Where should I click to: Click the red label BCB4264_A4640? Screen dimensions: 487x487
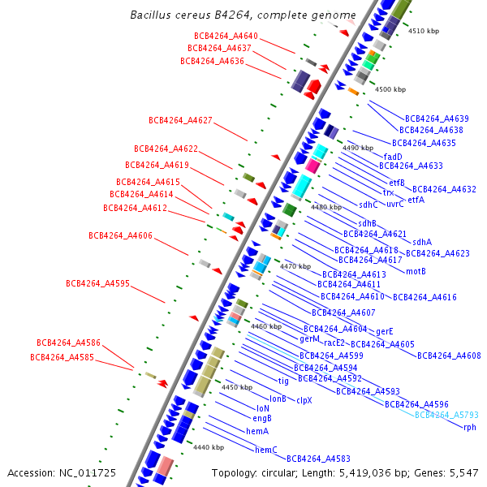pos(226,36)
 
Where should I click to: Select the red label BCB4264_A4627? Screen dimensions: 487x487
pos(180,120)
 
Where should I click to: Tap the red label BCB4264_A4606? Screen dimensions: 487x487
pos(120,235)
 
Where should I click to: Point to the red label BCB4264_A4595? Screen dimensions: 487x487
pos(97,283)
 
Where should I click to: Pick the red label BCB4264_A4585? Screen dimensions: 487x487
pos(62,356)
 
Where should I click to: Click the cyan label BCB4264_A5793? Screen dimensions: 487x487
pos(446,415)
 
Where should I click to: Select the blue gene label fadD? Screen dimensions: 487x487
pos(393,157)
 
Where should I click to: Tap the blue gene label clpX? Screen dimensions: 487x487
pos(304,400)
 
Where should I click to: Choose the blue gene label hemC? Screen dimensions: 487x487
pos(266,449)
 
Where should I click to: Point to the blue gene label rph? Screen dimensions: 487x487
pos(469,427)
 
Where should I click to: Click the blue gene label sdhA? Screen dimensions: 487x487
pos(422,242)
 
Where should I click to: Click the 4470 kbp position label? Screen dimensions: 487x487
pos(295,266)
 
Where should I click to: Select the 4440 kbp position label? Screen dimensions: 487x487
pos(209,447)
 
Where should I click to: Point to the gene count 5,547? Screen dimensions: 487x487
pos(463,472)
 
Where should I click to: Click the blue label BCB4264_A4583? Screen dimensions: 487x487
pos(318,459)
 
